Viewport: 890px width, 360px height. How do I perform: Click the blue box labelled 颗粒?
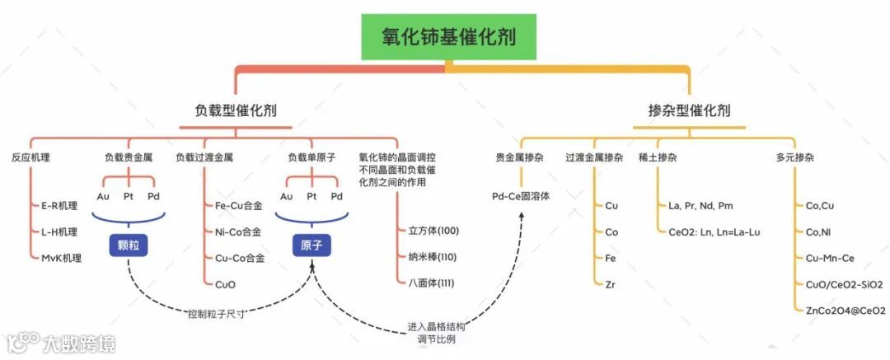pyautogui.click(x=128, y=245)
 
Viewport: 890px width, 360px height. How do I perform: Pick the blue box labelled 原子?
pyautogui.click(x=311, y=245)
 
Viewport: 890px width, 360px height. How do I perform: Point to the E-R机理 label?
pyautogui.click(x=59, y=205)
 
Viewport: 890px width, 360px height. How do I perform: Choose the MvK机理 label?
pyautogui.click(x=61, y=258)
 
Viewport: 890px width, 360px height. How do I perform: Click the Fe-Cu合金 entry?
pyautogui.click(x=239, y=205)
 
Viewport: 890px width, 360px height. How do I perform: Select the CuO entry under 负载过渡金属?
pyautogui.click(x=225, y=283)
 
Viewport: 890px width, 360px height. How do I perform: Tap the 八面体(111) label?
pyautogui.click(x=432, y=283)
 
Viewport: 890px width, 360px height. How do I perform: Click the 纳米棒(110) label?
pyautogui.click(x=432, y=257)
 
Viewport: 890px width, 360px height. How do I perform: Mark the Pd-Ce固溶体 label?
pyautogui.click(x=521, y=197)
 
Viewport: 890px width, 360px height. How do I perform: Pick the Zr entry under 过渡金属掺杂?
pyautogui.click(x=611, y=283)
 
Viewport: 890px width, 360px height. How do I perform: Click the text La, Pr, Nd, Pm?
pyautogui.click(x=700, y=205)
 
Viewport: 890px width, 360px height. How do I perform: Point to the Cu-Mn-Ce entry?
pyautogui.click(x=831, y=258)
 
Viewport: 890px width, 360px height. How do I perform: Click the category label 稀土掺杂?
pyautogui.click(x=657, y=157)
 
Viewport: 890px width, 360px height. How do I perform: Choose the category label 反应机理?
pyautogui.click(x=30, y=157)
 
